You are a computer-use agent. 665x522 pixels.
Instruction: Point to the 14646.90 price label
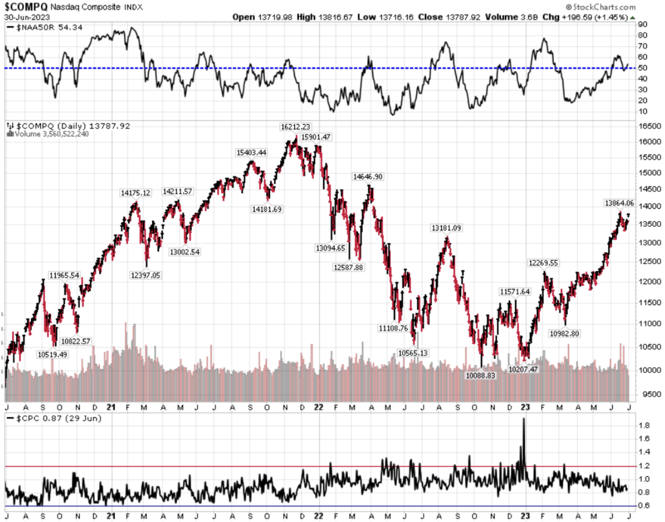coord(368,177)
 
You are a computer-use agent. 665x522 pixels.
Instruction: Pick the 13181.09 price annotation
coord(447,227)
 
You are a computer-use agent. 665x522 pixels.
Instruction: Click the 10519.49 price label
coord(52,354)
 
